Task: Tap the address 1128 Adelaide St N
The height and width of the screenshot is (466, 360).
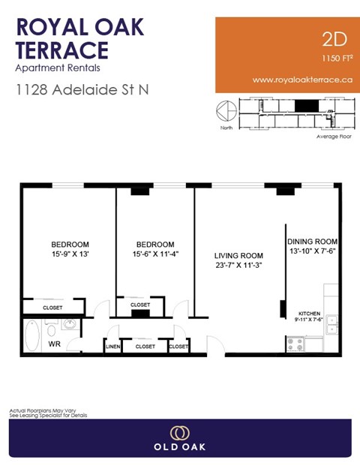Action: tap(82, 90)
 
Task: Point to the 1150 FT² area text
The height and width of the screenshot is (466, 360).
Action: tap(337, 58)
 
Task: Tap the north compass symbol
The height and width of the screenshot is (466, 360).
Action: tap(224, 111)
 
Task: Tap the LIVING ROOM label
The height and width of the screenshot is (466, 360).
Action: tap(238, 254)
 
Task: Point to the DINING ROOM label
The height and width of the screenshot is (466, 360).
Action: tap(313, 242)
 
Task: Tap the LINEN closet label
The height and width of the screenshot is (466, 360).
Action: tap(112, 347)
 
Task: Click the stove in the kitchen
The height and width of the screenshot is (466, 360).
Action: tap(295, 344)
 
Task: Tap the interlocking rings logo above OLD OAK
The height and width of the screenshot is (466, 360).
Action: tap(179, 433)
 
